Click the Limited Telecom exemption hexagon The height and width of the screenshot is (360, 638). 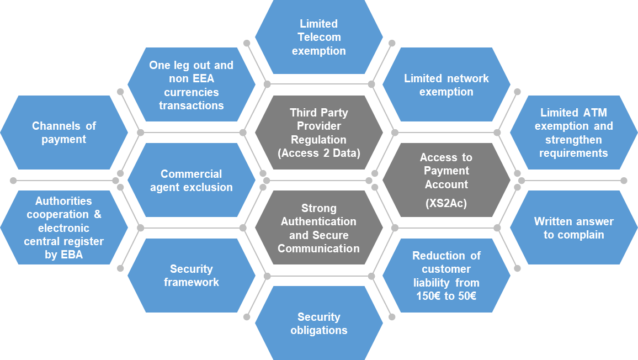(x=318, y=37)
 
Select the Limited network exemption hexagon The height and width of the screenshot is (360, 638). (x=446, y=84)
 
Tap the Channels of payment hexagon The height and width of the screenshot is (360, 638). (x=63, y=133)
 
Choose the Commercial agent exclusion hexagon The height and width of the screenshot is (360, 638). (x=191, y=181)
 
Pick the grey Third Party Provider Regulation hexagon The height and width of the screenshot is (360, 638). (x=318, y=133)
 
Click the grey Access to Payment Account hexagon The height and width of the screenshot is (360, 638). (x=446, y=181)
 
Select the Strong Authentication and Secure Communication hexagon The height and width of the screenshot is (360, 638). (x=318, y=228)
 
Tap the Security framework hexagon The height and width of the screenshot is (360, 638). (x=191, y=276)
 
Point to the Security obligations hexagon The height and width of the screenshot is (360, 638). (x=318, y=324)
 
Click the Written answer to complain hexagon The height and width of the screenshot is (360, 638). (x=573, y=228)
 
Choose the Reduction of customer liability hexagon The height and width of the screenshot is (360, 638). (x=446, y=276)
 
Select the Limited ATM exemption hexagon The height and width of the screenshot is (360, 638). (x=573, y=133)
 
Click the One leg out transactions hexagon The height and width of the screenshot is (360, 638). (x=191, y=84)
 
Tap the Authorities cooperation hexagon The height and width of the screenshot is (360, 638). (x=63, y=228)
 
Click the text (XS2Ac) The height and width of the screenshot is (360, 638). (x=446, y=203)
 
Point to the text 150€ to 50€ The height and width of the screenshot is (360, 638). (x=446, y=296)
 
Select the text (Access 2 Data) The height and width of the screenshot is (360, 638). (x=318, y=153)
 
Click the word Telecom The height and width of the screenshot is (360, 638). (x=318, y=37)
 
